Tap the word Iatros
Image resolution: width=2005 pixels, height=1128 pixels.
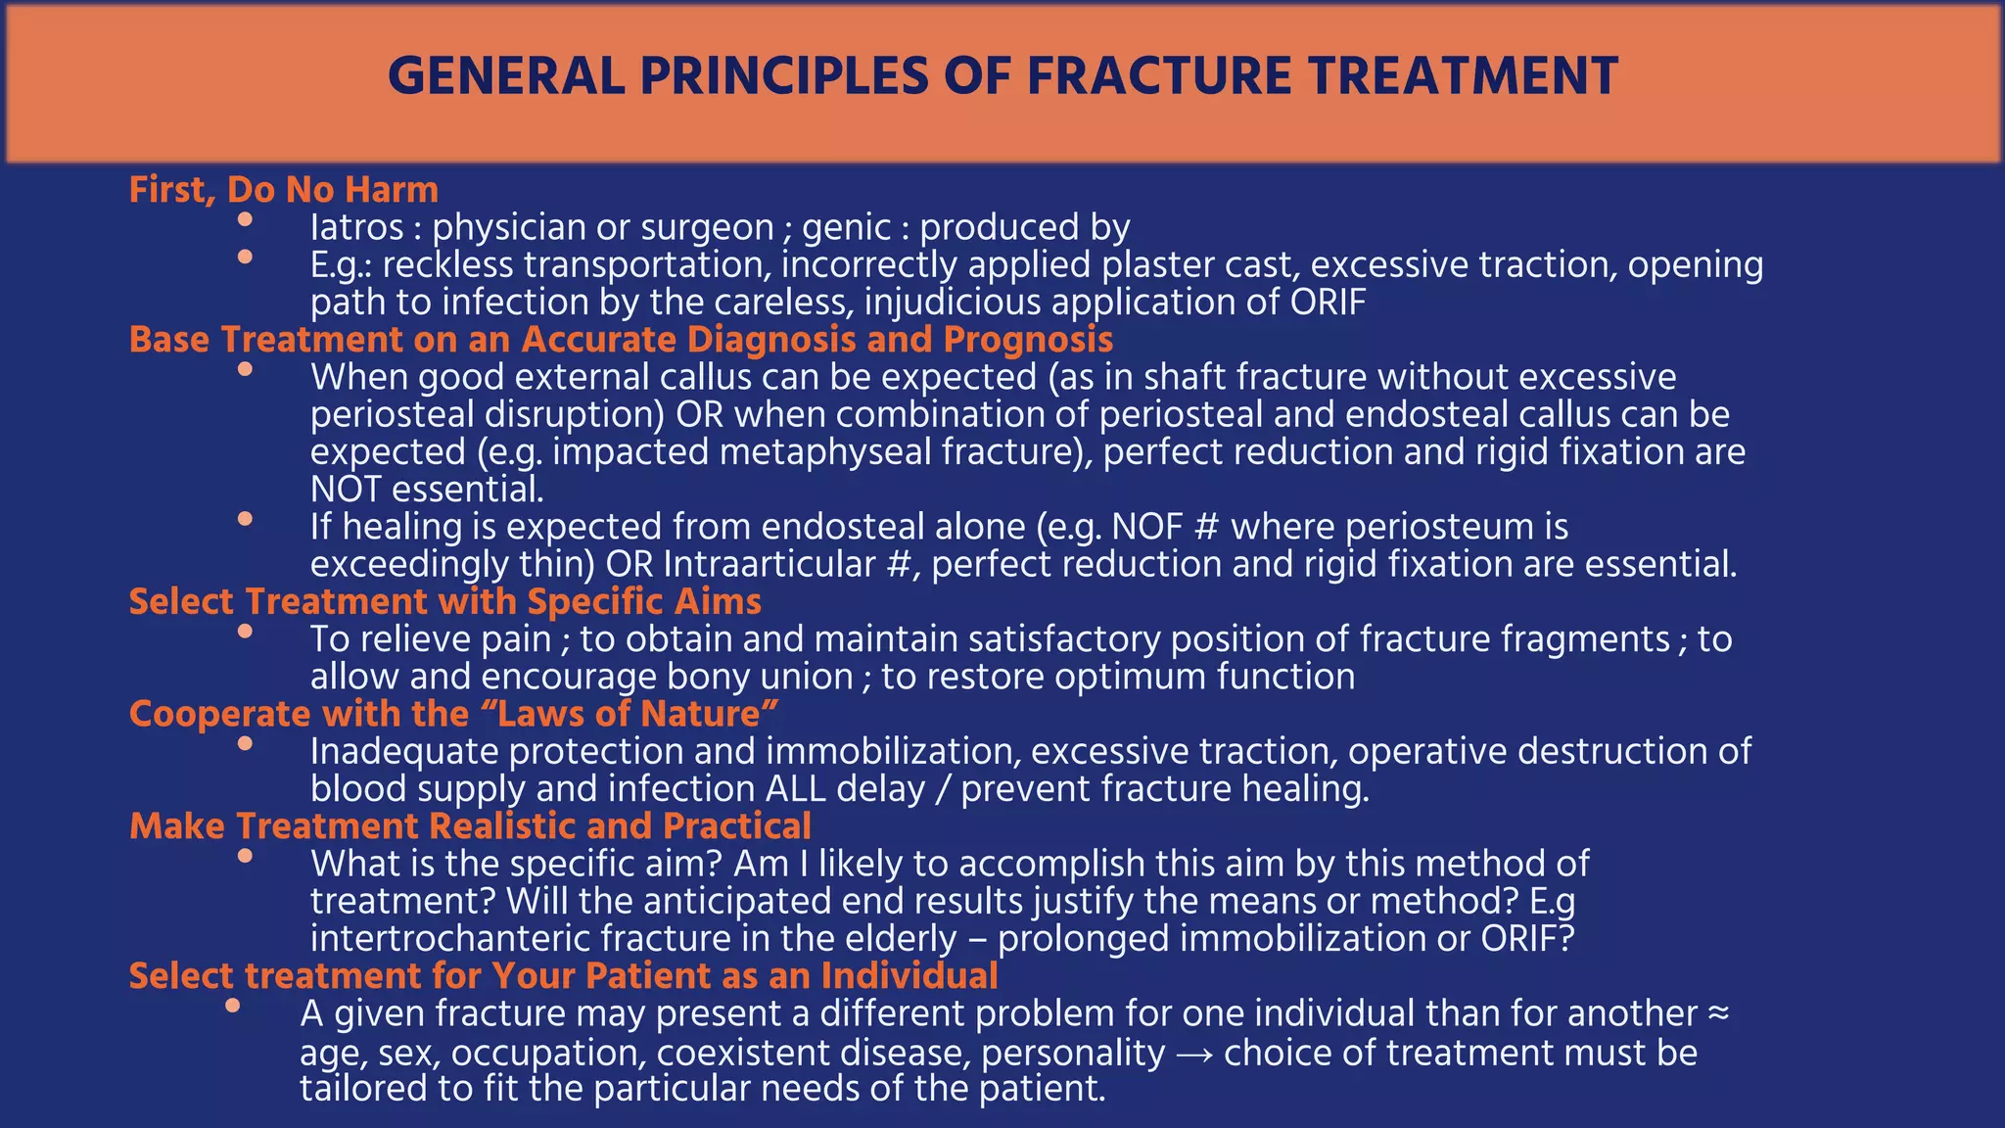coord(356,227)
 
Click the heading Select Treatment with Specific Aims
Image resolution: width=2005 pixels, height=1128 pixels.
coord(445,601)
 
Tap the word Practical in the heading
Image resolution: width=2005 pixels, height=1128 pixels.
coord(736,826)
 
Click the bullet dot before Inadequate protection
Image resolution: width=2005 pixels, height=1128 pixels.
coord(245,744)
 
